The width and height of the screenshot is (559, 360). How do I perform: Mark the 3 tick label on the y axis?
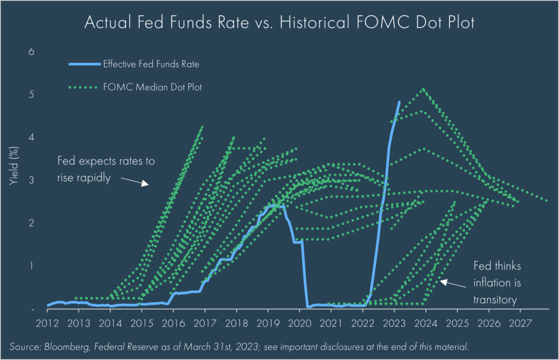[31, 180]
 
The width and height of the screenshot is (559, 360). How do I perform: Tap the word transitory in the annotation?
[496, 299]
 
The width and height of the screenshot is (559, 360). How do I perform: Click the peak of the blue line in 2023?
[399, 102]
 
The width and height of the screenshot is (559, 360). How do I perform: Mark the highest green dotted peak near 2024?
[423, 89]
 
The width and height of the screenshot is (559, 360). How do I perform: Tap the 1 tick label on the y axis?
[31, 265]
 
